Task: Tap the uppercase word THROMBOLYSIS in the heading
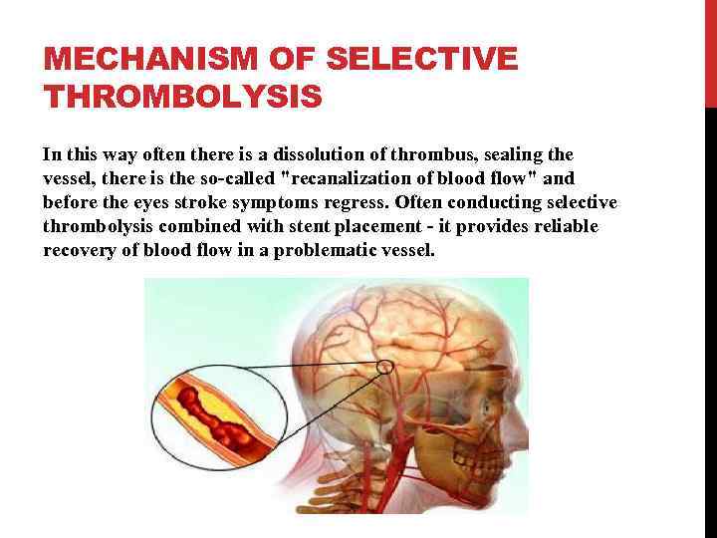click(182, 97)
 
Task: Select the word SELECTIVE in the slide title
click(422, 60)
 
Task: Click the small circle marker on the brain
click(385, 368)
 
